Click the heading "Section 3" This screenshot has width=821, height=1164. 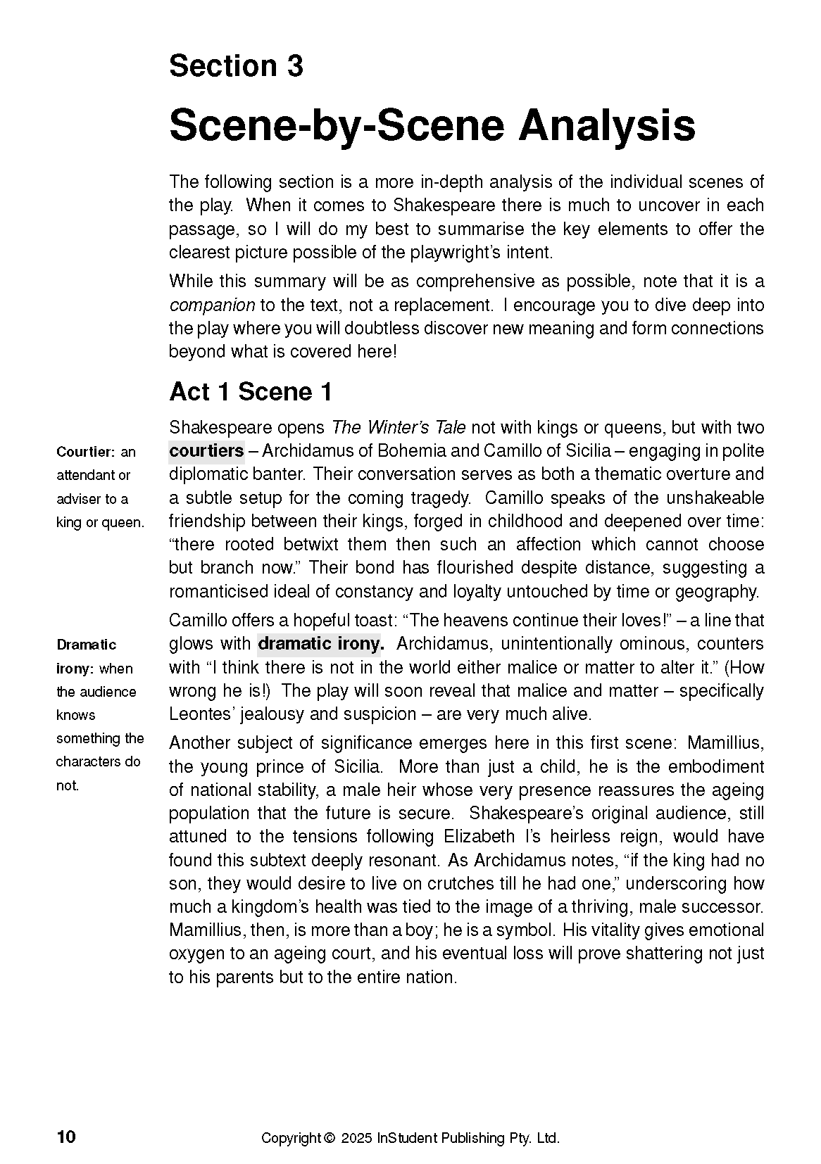(236, 66)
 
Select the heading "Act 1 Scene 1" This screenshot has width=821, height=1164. (251, 392)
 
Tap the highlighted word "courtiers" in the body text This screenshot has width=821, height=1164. (206, 451)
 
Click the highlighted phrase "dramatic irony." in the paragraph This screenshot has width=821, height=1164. (321, 644)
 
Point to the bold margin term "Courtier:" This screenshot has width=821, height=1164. (86, 452)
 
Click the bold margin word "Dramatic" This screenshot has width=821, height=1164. (86, 645)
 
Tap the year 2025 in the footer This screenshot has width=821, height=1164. (357, 1138)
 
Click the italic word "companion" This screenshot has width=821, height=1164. (212, 305)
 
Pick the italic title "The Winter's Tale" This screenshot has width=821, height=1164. (399, 428)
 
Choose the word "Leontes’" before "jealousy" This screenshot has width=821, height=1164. (201, 714)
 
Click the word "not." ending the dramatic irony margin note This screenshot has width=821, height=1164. (68, 785)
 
